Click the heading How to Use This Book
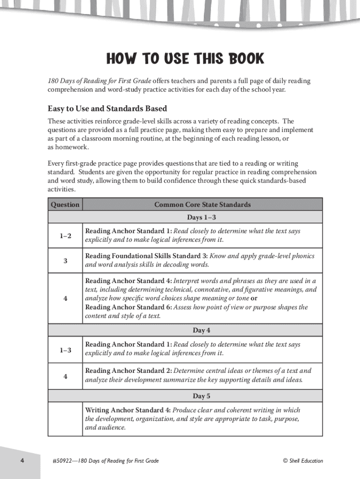coord(185,59)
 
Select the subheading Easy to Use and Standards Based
coord(107,109)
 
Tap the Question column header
coord(65,204)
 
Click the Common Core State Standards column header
coord(202,204)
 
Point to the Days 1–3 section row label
coord(202,217)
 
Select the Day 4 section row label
coord(202,330)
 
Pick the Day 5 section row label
coord(202,396)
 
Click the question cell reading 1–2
coord(65,236)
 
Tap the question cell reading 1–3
coord(65,349)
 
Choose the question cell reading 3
coord(65,261)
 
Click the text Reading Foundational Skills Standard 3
coord(146,256)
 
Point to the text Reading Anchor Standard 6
coord(128,307)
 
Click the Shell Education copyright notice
coord(302,461)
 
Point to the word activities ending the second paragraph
coord(61,189)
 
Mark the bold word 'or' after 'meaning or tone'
coord(254,298)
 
